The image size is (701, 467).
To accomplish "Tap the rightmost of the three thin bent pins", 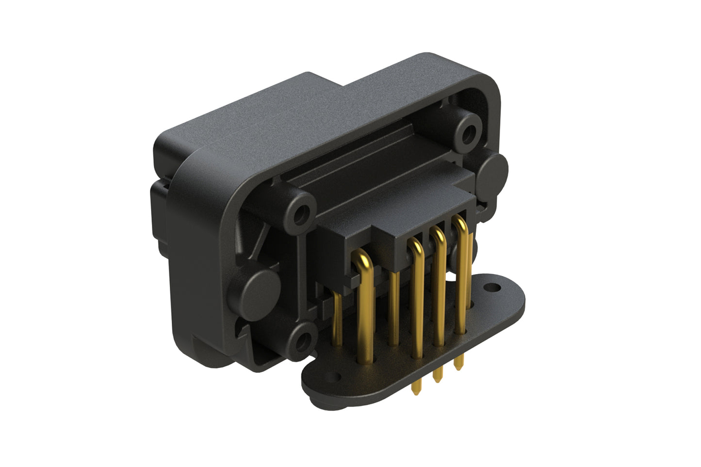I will click(x=463, y=276).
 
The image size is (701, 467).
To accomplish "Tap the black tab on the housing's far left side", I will click(x=159, y=213).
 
